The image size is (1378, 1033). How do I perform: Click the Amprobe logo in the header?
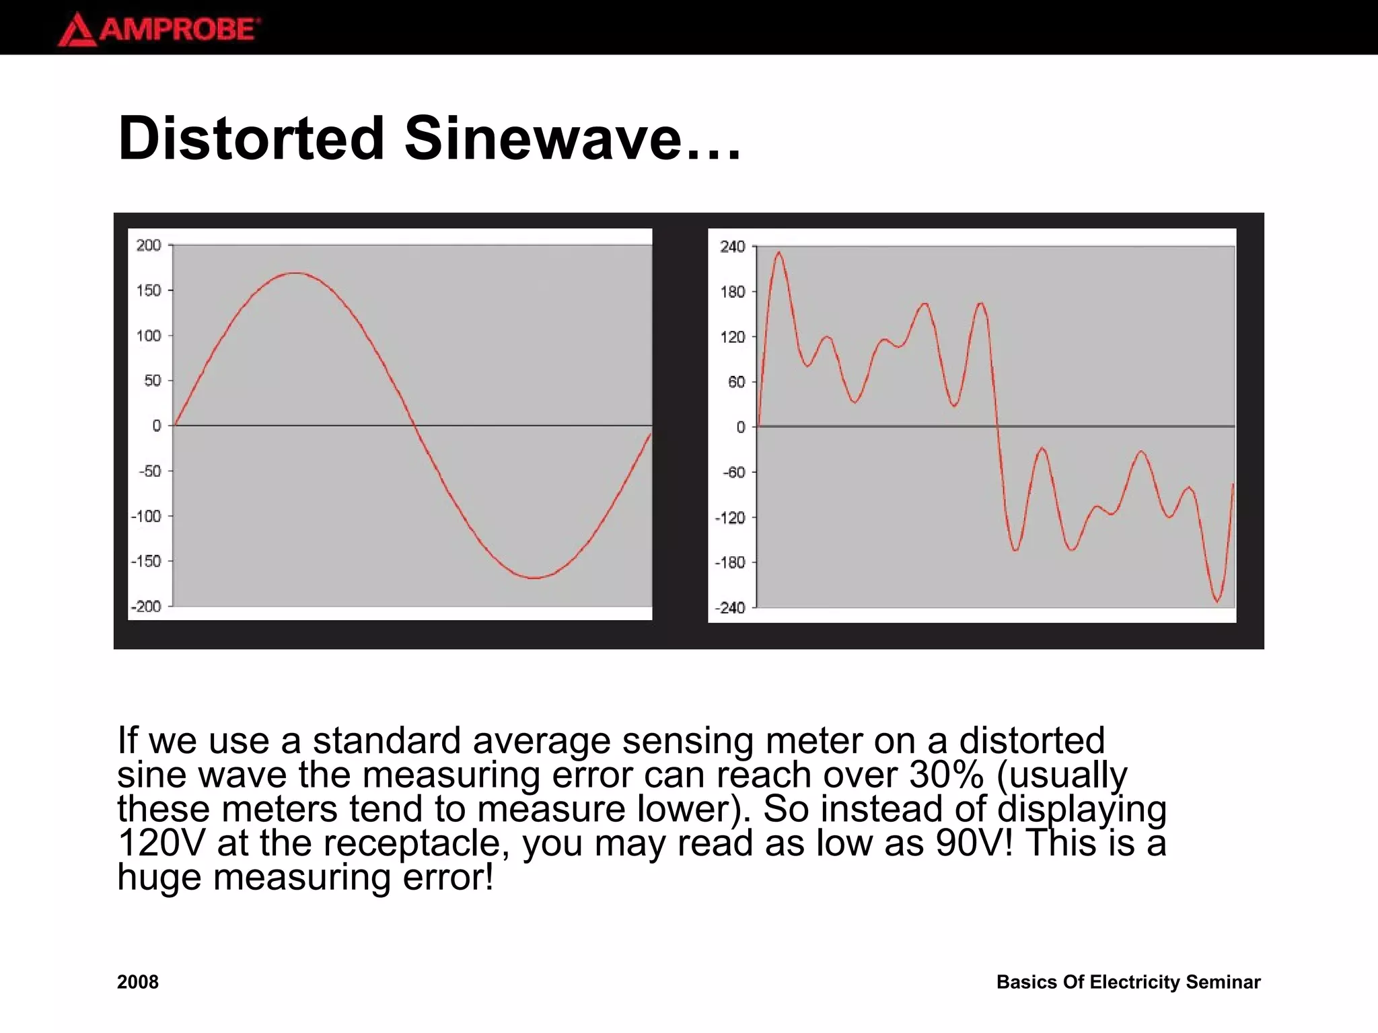click(x=159, y=30)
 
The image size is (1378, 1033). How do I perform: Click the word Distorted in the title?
click(x=251, y=139)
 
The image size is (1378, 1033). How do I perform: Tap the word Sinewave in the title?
click(x=542, y=139)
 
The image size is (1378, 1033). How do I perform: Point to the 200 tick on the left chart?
click(x=149, y=245)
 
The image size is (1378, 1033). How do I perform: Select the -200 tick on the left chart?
click(x=146, y=607)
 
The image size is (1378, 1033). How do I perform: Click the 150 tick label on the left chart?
click(x=149, y=291)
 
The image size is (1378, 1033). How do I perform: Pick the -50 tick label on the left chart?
click(x=149, y=471)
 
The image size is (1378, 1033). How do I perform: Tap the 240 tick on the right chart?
click(x=733, y=247)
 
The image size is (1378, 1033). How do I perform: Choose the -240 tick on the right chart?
click(x=730, y=608)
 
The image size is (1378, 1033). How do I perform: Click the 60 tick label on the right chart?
click(x=736, y=382)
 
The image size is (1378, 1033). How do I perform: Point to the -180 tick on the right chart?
click(x=730, y=562)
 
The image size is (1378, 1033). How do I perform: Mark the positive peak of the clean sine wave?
click(x=296, y=273)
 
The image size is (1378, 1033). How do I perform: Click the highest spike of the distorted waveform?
click(x=778, y=253)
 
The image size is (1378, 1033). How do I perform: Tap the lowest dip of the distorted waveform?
click(x=1217, y=601)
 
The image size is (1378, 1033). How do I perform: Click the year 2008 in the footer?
click(x=138, y=982)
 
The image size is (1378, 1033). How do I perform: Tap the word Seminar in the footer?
click(x=1223, y=982)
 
